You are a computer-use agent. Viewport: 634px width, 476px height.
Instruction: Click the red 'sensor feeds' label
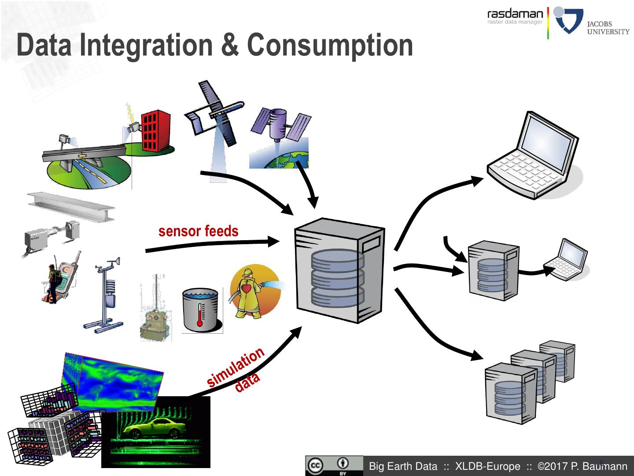coord(198,231)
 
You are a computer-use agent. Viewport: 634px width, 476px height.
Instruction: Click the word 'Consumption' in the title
coord(330,45)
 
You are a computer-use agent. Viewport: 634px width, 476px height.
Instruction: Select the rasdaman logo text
coord(515,14)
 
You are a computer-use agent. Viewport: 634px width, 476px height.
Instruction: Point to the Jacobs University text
coord(608,27)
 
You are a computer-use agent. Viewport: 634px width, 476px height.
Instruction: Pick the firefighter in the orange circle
coord(250,291)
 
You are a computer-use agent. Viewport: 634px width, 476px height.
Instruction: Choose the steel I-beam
coord(70,206)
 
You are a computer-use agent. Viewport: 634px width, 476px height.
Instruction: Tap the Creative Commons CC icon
coord(315,466)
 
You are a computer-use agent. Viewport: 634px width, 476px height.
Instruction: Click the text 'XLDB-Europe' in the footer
coord(487,466)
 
